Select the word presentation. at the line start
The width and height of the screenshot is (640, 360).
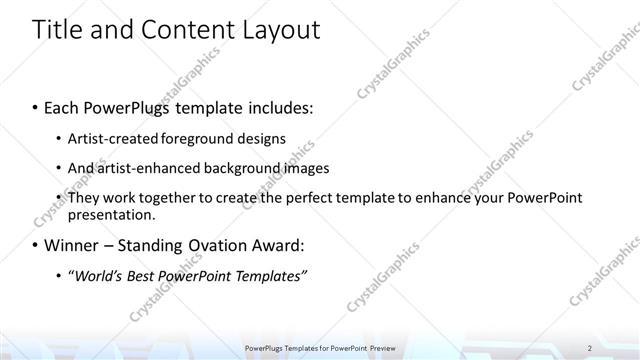pyautogui.click(x=111, y=214)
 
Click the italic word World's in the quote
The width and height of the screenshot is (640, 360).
pyautogui.click(x=98, y=276)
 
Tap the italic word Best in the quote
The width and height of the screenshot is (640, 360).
pyautogui.click(x=147, y=276)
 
